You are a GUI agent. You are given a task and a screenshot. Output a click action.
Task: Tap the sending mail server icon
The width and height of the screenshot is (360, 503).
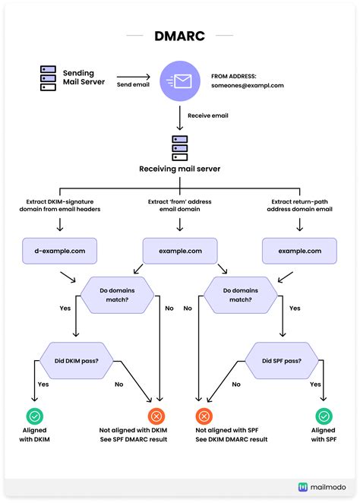click(x=49, y=78)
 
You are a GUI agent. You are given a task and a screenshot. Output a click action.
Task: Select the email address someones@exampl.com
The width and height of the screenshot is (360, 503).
click(x=247, y=86)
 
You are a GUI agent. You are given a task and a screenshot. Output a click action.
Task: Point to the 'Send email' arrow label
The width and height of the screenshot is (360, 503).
click(x=134, y=84)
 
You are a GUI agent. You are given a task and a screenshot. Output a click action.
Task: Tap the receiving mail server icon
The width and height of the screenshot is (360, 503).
click(x=180, y=146)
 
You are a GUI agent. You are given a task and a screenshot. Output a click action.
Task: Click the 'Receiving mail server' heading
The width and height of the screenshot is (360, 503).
click(x=180, y=169)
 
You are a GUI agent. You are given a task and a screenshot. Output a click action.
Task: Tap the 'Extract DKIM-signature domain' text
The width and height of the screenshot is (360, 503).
click(x=60, y=204)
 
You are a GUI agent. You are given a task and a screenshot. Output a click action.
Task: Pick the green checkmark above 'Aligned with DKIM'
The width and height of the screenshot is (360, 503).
click(x=36, y=416)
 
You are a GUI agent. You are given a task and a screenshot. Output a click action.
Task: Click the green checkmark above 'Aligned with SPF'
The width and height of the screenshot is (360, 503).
click(x=324, y=416)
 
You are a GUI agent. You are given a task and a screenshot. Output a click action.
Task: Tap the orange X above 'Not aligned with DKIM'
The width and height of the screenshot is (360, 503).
click(x=156, y=416)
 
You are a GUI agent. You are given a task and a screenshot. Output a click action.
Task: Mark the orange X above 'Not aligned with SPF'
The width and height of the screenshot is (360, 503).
click(x=204, y=416)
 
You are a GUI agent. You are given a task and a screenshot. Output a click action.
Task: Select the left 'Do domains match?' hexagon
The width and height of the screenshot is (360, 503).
click(x=116, y=295)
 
